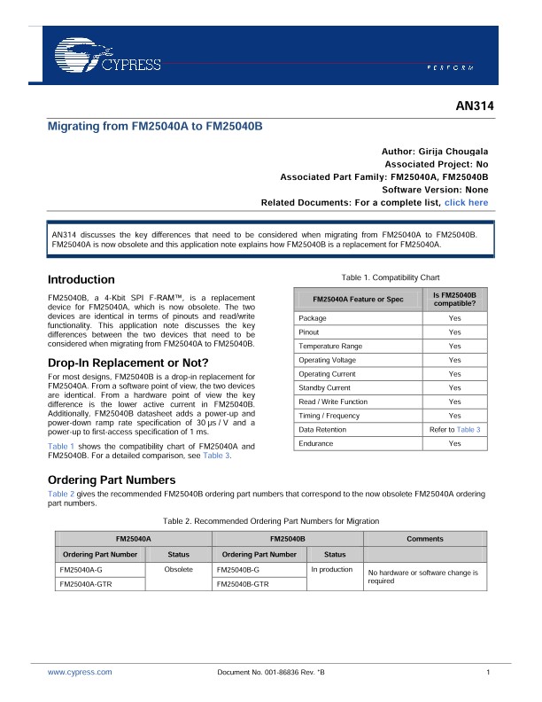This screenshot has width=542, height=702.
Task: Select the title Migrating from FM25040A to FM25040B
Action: (155, 127)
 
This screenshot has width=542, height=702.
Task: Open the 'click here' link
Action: (467, 203)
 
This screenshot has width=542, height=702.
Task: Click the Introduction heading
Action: (81, 279)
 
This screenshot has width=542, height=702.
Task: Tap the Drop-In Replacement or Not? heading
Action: (128, 363)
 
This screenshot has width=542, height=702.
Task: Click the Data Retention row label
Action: (323, 429)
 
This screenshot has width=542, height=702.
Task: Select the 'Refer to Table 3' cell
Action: (454, 429)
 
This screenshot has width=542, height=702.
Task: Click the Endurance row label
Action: (316, 443)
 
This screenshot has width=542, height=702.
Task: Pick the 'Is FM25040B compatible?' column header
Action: (454, 299)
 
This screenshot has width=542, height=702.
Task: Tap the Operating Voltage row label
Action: (327, 360)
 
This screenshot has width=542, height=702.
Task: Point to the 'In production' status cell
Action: (332, 570)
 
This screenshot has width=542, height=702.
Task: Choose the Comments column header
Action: (425, 538)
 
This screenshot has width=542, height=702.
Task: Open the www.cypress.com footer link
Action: (80, 673)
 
